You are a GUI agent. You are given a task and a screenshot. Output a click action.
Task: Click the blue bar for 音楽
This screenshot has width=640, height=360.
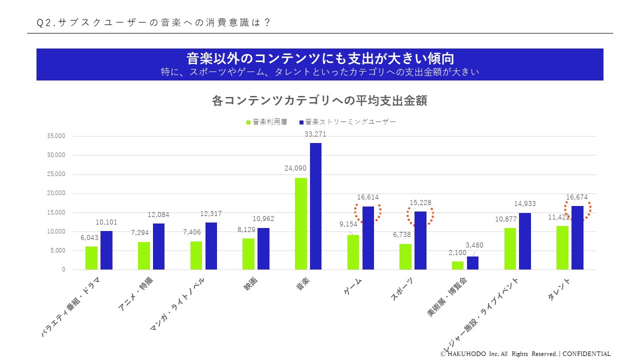[315, 206]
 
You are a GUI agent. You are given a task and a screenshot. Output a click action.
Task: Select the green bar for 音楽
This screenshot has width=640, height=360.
[301, 223]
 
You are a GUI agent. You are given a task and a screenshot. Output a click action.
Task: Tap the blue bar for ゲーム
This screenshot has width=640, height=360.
[368, 238]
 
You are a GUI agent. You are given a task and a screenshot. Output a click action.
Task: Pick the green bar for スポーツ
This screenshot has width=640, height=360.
[405, 256]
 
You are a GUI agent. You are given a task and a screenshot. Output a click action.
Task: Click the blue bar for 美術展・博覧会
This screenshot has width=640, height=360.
[472, 263]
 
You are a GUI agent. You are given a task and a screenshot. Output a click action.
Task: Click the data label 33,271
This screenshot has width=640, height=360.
[315, 134]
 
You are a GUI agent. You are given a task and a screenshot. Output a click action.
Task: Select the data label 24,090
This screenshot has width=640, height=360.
[295, 168]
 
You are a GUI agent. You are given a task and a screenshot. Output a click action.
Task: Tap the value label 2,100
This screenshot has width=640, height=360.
[457, 253]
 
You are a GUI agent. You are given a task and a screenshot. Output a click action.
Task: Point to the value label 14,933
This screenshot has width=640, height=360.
[525, 203]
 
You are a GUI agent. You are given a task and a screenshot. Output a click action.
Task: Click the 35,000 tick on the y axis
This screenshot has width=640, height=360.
[55, 136]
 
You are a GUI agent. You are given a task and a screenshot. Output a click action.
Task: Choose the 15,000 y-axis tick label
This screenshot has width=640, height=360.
[55, 212]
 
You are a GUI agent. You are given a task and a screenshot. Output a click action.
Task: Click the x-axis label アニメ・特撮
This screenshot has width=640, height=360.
[135, 294]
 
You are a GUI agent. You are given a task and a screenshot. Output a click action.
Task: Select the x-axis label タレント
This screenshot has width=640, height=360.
[559, 290]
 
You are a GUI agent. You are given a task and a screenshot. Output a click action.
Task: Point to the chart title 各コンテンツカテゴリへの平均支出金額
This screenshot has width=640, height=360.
[319, 101]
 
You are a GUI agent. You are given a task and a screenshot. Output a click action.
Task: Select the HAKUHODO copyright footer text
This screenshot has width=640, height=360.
[525, 353]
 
